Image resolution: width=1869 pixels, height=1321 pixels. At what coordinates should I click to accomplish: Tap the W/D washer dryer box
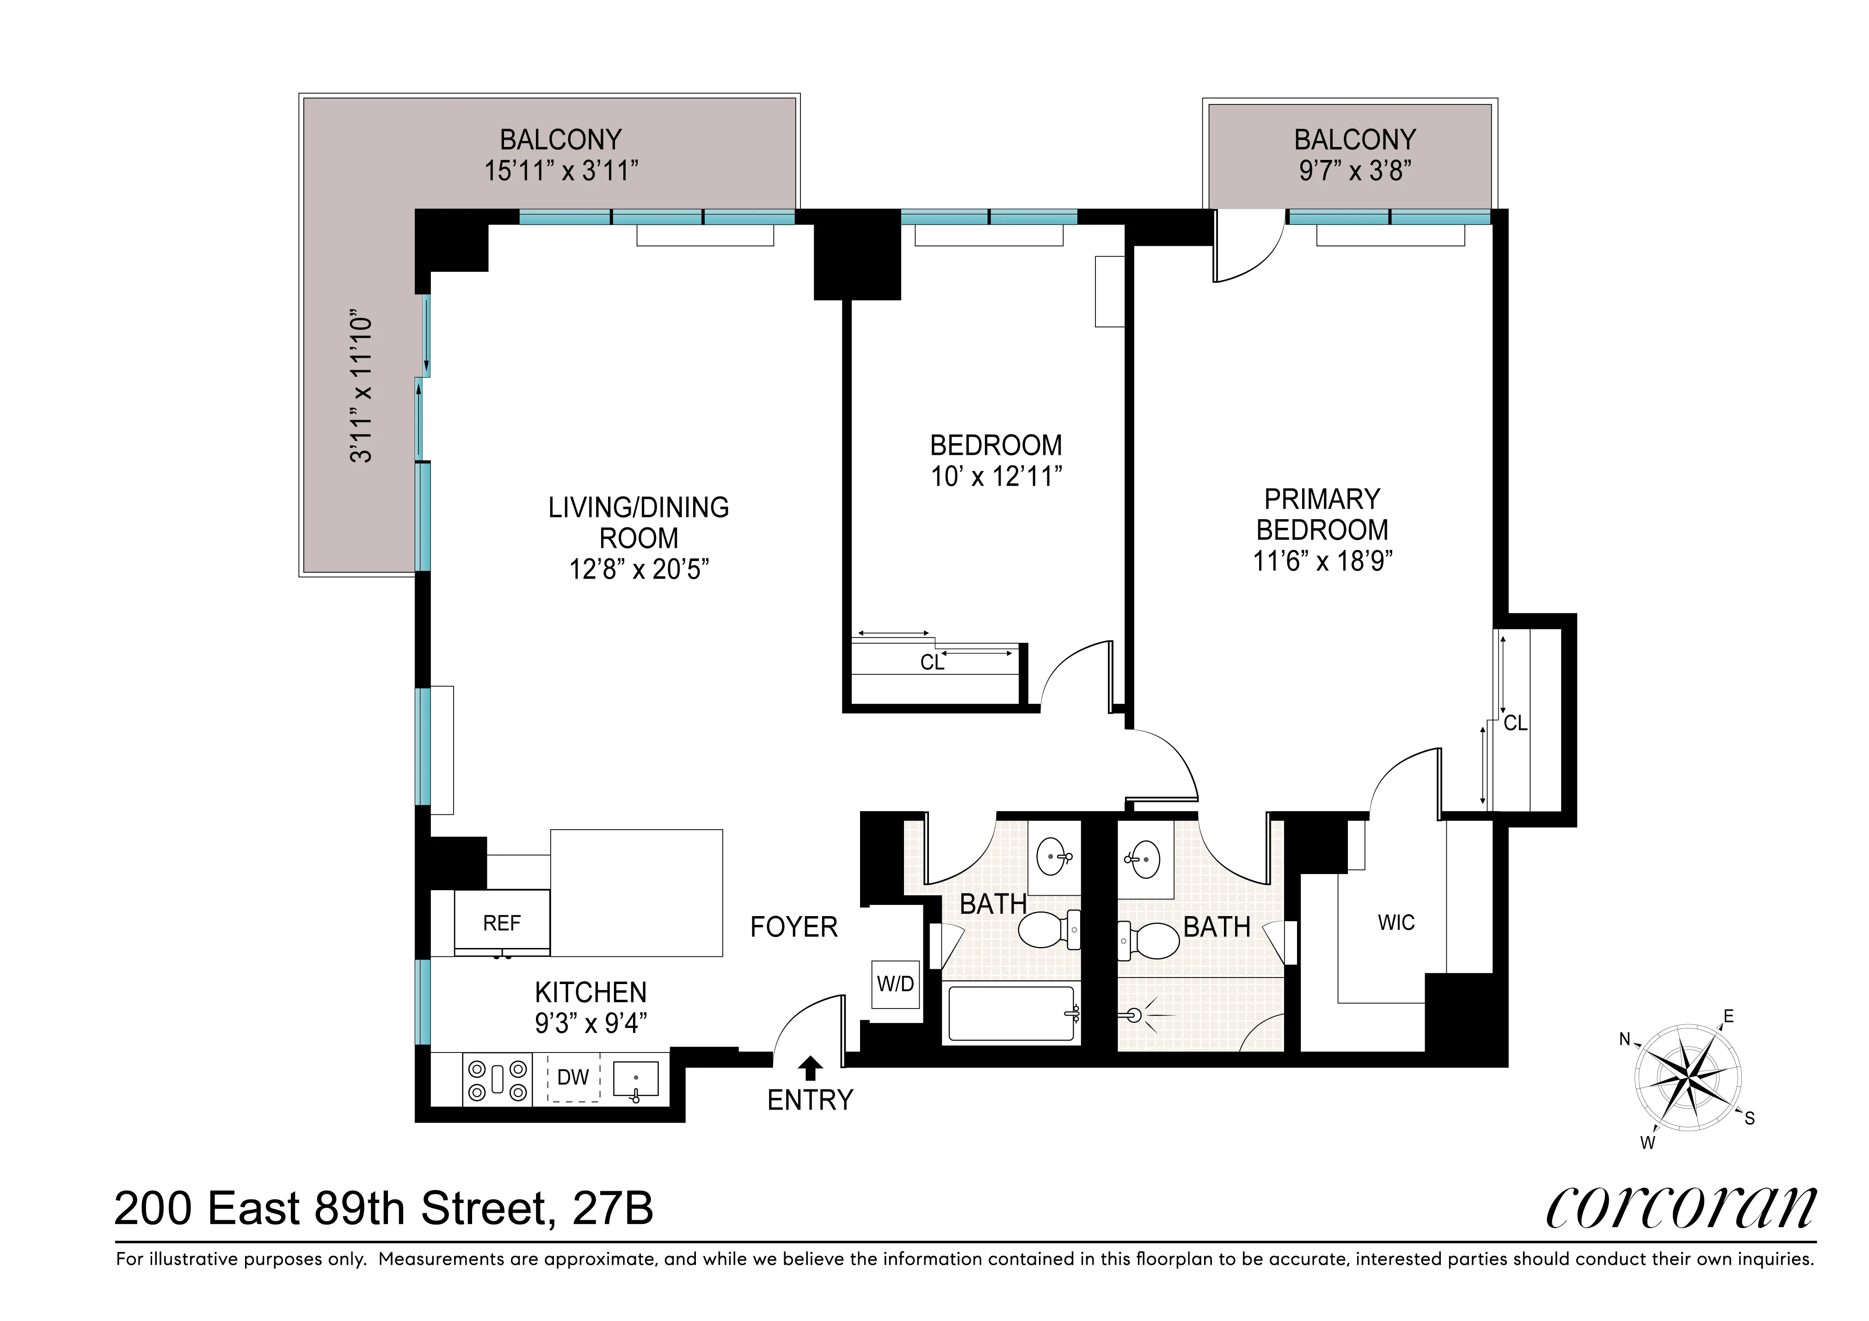click(895, 984)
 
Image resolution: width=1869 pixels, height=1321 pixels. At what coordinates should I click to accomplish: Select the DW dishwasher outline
click(573, 1077)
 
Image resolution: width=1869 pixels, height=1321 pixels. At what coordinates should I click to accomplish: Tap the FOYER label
click(793, 927)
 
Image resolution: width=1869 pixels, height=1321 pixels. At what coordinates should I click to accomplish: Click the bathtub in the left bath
click(1011, 1013)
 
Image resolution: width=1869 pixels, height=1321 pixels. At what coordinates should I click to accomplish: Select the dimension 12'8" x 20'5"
click(639, 569)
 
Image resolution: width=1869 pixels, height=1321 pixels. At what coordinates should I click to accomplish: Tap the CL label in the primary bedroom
click(1515, 723)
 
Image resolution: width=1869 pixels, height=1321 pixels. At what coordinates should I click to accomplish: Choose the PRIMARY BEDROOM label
click(1322, 514)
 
